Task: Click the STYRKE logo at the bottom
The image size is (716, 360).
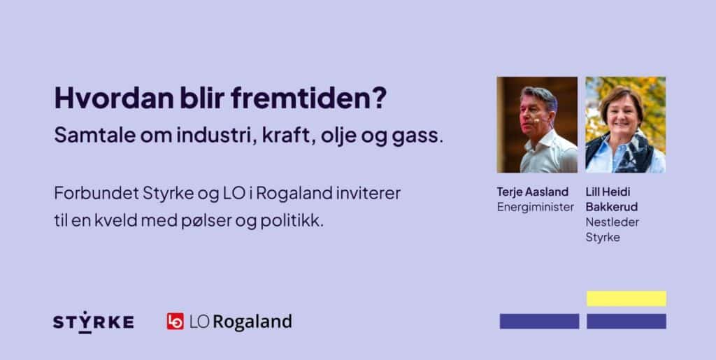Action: point(93,322)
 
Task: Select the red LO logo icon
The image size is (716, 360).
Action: point(176,322)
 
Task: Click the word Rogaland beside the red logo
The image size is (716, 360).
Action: point(252,322)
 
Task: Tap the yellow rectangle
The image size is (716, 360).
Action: point(626,298)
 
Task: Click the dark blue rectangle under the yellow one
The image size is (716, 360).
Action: point(626,322)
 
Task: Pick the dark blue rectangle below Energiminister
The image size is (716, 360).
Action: point(539,322)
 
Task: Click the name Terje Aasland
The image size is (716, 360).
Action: point(532,192)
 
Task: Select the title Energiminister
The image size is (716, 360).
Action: point(535,207)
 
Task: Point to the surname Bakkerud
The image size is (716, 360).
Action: point(611,207)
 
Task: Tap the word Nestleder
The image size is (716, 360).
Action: point(613,222)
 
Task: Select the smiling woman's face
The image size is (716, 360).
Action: point(622,113)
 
